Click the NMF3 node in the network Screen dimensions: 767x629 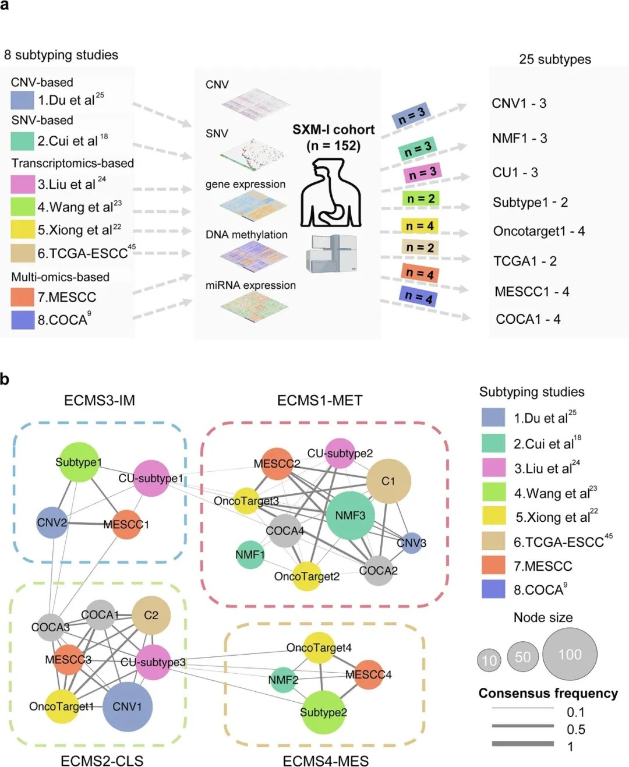coord(350,515)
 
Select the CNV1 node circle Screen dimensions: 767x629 coord(127,706)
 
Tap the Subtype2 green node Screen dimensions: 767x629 coord(323,712)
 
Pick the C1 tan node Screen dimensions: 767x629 coord(388,481)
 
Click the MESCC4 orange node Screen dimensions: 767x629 coord(369,674)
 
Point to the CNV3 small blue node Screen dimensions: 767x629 coord(412,543)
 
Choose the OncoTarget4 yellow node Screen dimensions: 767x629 coord(319,648)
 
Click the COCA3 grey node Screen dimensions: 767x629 coord(50,627)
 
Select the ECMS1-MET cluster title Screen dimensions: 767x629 coord(320,401)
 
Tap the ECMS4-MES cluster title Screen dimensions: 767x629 coord(326,761)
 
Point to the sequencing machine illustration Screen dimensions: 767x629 coord(331,254)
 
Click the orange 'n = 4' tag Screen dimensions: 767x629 coord(419,273)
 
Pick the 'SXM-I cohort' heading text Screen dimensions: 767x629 coord(333,130)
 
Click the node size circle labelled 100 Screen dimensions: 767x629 coord(570,655)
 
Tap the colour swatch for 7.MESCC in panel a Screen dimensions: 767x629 coord(23,297)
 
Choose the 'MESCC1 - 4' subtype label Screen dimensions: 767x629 coord(532,291)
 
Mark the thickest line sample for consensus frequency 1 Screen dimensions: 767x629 coord(522,744)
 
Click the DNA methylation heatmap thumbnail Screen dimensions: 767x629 coord(254,255)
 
